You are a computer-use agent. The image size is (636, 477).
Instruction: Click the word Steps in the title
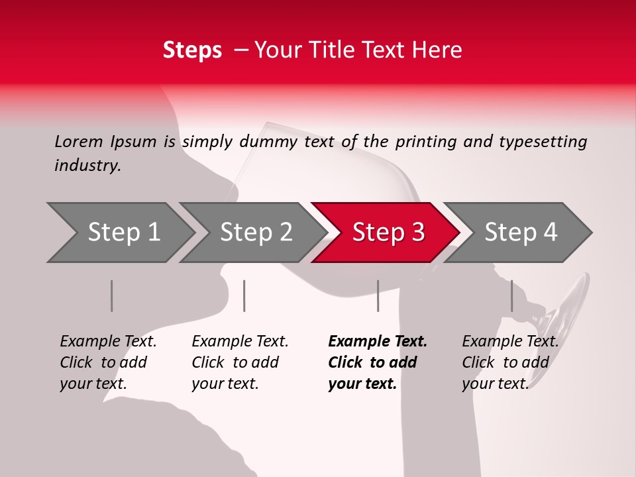[x=192, y=50]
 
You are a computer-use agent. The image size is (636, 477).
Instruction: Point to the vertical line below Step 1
[x=112, y=295]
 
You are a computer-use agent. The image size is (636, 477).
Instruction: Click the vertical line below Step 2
[x=244, y=295]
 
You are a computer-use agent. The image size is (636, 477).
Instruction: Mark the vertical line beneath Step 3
[x=378, y=295]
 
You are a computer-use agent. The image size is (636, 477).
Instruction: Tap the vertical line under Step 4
[x=511, y=295]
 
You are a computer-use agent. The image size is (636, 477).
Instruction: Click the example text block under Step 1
[x=108, y=362]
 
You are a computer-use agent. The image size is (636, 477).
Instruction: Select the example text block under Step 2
[x=240, y=362]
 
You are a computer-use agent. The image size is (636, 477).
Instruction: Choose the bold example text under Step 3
[x=378, y=362]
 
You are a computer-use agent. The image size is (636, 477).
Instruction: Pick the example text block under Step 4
[x=510, y=362]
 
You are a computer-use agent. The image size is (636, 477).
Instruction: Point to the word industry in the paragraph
[x=87, y=166]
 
